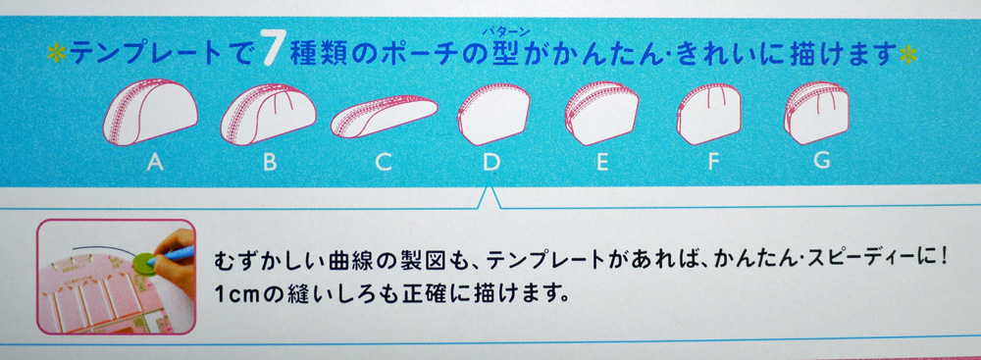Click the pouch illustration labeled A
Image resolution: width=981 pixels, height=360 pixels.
pos(150,112)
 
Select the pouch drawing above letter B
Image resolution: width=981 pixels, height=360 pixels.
pos(268,114)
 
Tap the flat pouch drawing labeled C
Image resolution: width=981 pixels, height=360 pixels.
pos(384,116)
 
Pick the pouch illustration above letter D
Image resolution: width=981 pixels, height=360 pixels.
pos(493,114)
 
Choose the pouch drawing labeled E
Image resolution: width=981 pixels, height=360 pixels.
pos(601,114)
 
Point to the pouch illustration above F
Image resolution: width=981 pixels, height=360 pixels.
pos(709,114)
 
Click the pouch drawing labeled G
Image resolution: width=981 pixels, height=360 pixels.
pos(816,114)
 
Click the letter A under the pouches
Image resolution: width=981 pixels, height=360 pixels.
pos(155,163)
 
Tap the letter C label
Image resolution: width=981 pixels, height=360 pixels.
pos(384,163)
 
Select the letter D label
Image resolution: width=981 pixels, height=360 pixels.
pos(491,163)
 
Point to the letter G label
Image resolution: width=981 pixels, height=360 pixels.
pos(823,161)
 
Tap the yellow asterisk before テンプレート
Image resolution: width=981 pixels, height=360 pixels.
pos(57,54)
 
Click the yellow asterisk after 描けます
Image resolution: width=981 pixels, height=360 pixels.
pos(907,55)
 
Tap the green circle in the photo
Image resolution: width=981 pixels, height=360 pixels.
pos(145,263)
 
